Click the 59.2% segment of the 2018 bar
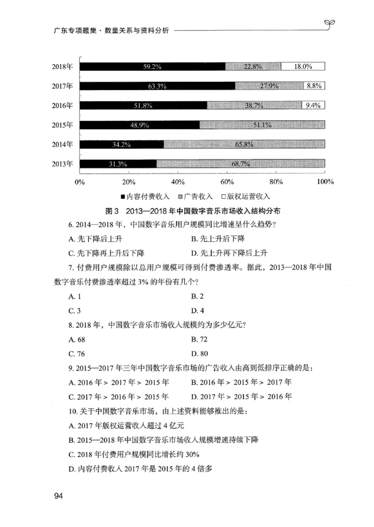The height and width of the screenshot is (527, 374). click(152, 67)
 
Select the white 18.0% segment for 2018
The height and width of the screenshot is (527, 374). click(302, 67)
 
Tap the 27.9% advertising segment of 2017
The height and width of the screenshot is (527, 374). click(269, 86)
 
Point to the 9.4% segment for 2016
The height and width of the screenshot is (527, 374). click(313, 106)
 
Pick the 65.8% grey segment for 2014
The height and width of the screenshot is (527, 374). click(244, 144)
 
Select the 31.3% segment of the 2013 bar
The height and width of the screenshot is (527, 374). click(118, 164)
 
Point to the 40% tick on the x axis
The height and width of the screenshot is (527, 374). click(178, 181)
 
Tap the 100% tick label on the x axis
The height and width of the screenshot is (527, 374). click(324, 181)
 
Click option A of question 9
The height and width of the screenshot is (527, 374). click(118, 383)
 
